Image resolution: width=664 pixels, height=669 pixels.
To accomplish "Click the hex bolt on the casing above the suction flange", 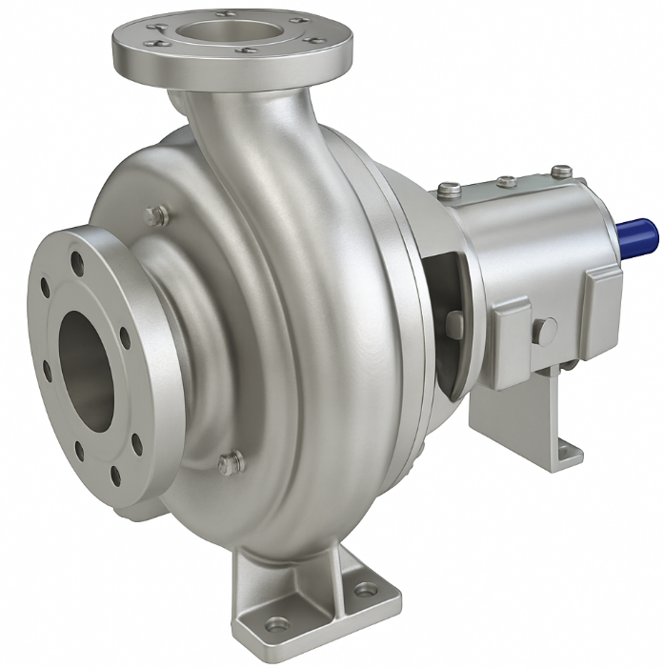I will pos(157,215).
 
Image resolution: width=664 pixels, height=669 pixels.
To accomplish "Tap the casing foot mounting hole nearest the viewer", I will pos(277,624).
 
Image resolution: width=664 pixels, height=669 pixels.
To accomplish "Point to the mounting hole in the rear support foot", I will pos(569,451).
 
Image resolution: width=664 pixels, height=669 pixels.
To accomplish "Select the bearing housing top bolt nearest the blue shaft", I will pos(562,172).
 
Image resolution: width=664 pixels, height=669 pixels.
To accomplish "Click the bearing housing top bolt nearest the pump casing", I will pos(450,191).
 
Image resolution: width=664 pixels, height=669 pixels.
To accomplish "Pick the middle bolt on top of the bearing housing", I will pos(507,181).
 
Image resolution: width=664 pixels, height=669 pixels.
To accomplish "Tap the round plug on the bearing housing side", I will pos(544,331).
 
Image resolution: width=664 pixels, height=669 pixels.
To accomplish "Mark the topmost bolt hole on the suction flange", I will pos(77,258).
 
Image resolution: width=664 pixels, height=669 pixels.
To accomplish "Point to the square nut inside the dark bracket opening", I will pos(455,323).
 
